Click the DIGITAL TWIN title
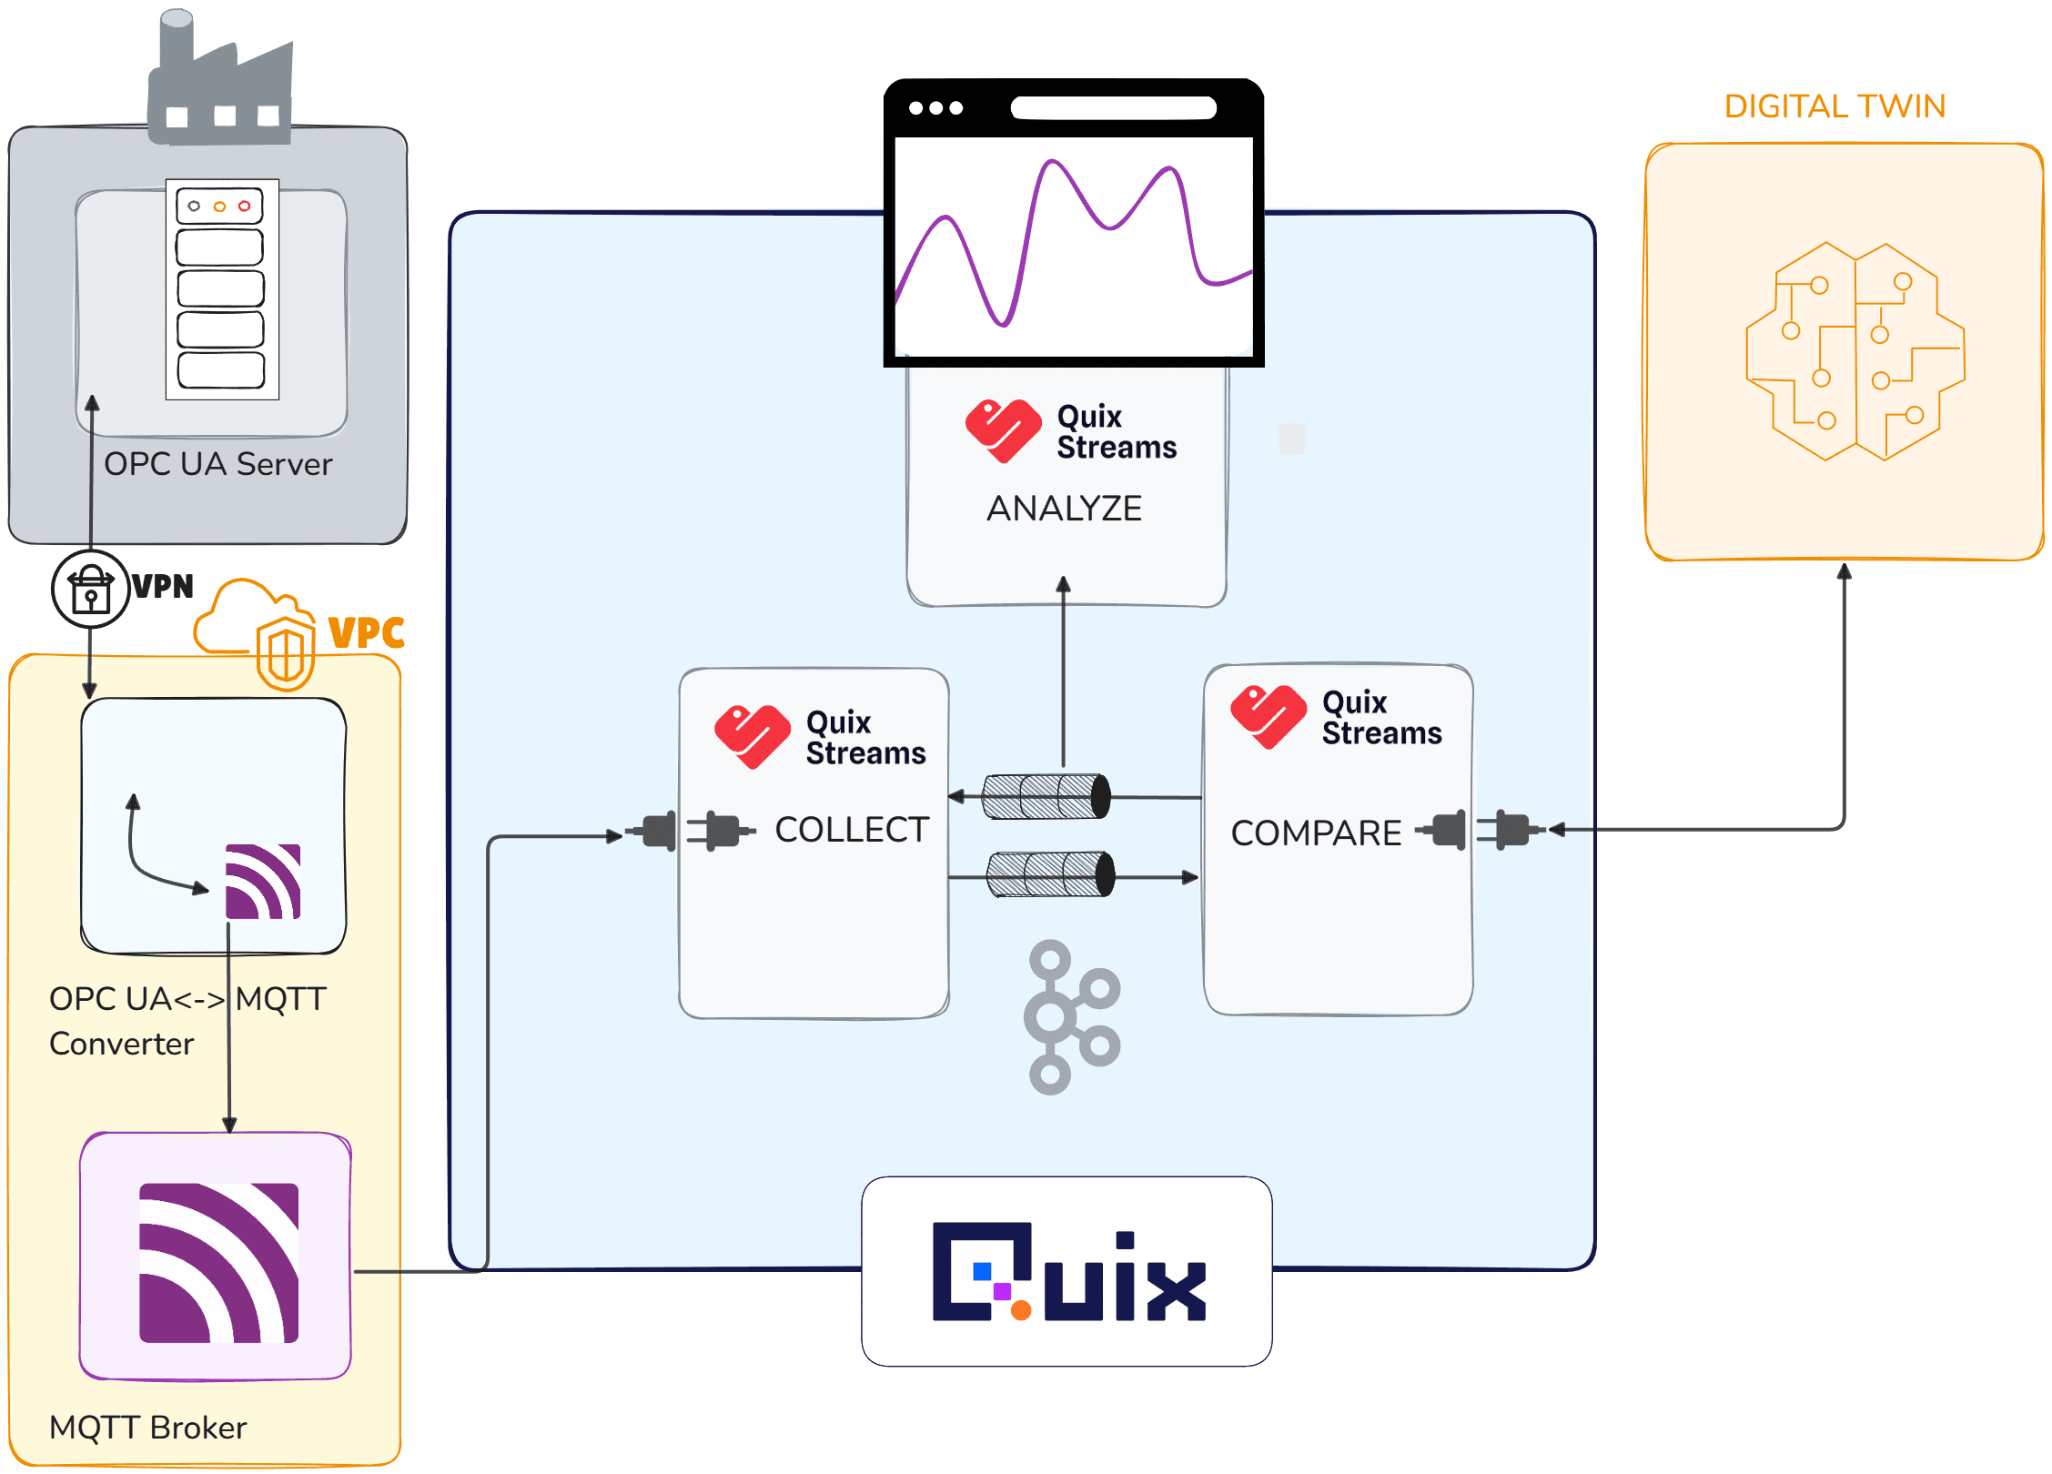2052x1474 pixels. pyautogui.click(x=1834, y=106)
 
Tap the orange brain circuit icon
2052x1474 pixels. pyautogui.click(x=1855, y=352)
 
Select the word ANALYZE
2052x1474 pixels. pyautogui.click(x=1064, y=509)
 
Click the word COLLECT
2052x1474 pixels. pyautogui.click(x=852, y=830)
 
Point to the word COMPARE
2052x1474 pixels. pyautogui.click(x=1316, y=833)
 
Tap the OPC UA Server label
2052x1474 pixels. pyautogui.click(x=218, y=465)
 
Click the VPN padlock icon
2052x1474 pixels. pyautogui.click(x=90, y=590)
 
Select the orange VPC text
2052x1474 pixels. pyautogui.click(x=366, y=633)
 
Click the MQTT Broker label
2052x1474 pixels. pyautogui.click(x=147, y=1428)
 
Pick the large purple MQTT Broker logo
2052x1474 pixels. pyautogui.click(x=218, y=1263)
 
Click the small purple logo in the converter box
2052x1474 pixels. pyautogui.click(x=263, y=882)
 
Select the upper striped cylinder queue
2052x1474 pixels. pyautogui.click(x=1046, y=797)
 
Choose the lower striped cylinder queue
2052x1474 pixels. pyautogui.click(x=1050, y=874)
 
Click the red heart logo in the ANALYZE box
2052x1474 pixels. pyautogui.click(x=1003, y=431)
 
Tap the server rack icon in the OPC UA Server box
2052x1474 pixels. pyautogui.click(x=222, y=289)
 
